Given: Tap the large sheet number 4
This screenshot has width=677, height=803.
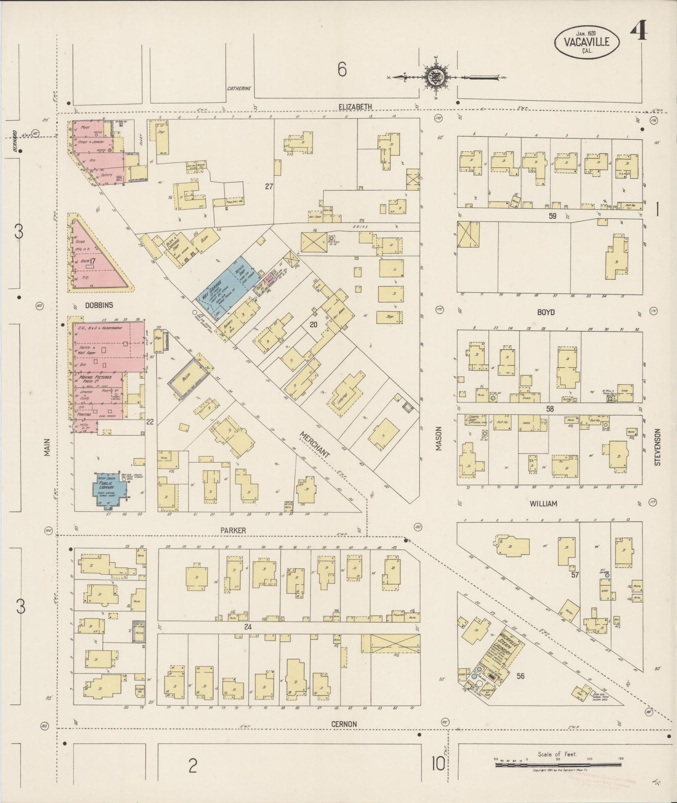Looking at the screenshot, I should [639, 32].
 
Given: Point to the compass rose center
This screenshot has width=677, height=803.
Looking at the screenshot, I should [436, 77].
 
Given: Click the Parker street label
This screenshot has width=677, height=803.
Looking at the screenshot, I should [233, 530].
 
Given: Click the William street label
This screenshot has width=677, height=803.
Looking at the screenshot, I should [543, 504].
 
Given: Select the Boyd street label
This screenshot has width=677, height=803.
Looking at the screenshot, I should [546, 312].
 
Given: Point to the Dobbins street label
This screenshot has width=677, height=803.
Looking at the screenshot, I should [99, 305].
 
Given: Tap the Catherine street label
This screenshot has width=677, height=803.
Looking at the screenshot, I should [239, 89].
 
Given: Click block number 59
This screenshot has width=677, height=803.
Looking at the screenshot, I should [552, 216].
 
